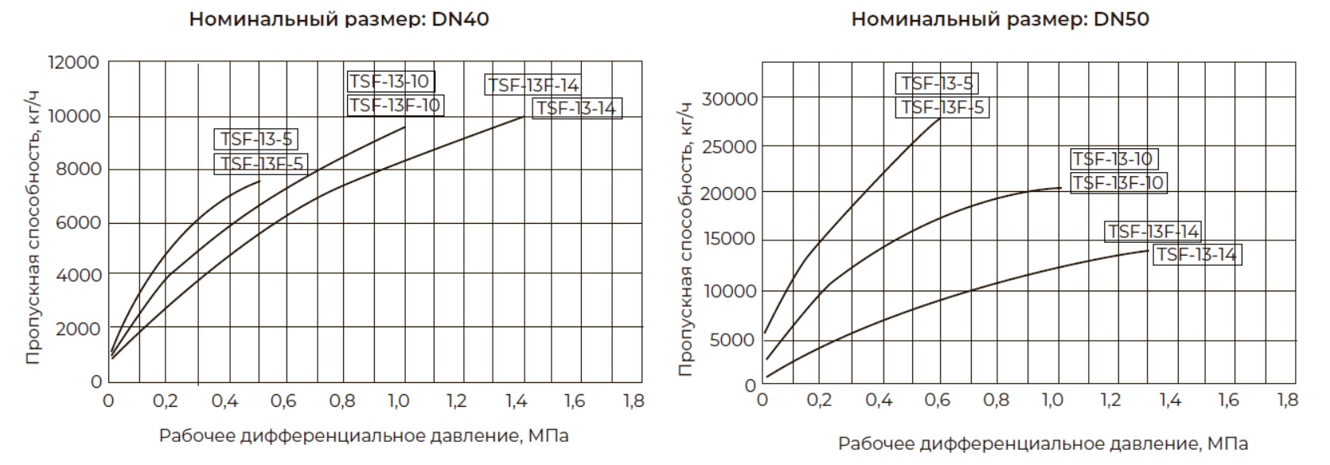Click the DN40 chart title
tap(338, 19)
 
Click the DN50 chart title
tap(1000, 19)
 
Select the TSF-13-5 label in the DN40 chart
tap(256, 139)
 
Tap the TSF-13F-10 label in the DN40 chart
tap(395, 105)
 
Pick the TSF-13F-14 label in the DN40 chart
tap(532, 85)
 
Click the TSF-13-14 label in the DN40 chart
tap(576, 108)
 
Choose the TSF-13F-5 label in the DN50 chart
tap(942, 107)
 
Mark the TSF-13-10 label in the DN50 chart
tap(1113, 159)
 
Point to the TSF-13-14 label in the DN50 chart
tap(1196, 255)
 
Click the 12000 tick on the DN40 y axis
tap(74, 62)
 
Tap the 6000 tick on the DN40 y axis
tap(78, 222)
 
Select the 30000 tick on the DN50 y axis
tap(729, 99)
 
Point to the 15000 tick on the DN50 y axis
tap(729, 239)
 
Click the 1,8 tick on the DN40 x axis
tap(634, 401)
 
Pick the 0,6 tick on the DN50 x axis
tap(937, 400)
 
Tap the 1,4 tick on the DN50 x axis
tap(1170, 400)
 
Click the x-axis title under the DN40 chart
tap(364, 436)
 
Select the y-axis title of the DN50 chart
tap(686, 239)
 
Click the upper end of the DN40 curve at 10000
tap(524, 116)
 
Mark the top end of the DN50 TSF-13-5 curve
tap(940, 119)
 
